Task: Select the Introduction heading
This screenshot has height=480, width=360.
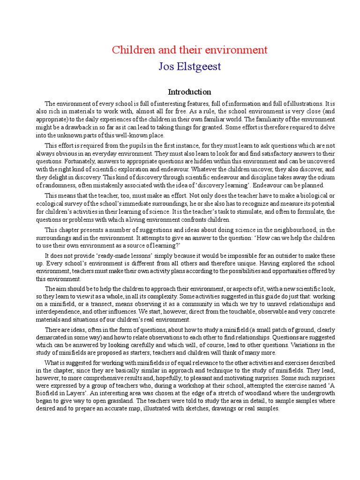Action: pos(189,92)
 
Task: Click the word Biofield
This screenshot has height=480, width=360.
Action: pos(48,394)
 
